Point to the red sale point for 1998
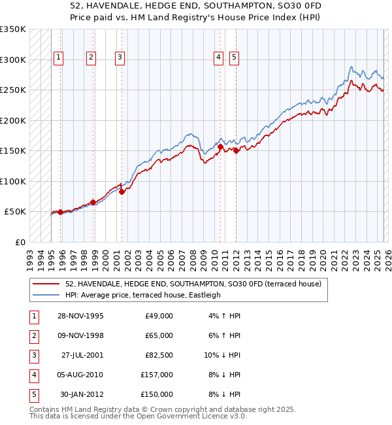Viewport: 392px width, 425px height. (93, 202)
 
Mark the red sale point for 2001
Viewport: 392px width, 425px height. (122, 192)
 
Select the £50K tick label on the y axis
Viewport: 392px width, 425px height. (15, 212)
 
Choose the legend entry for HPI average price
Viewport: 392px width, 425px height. (142, 295)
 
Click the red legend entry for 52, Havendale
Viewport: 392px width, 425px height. (193, 284)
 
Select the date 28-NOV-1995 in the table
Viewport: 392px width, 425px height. (80, 316)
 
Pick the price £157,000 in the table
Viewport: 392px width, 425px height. (157, 375)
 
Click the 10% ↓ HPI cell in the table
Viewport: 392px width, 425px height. (222, 355)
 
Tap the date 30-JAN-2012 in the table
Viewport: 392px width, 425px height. (81, 394)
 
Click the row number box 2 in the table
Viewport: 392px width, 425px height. (33, 335)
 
